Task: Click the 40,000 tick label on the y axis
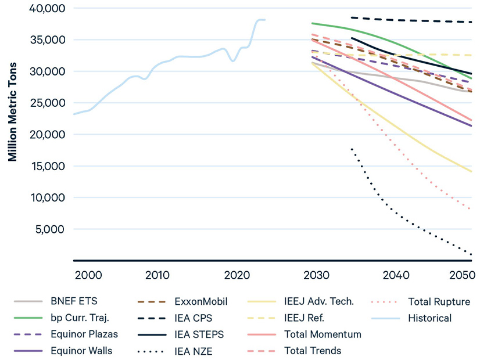(48, 9)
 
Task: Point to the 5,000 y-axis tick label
(50, 229)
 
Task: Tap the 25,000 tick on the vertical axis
(48, 103)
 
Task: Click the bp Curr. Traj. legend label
(83, 318)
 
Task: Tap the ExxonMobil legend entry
(200, 302)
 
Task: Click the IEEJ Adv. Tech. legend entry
(318, 302)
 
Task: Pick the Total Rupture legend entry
(439, 302)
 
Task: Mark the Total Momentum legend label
(323, 334)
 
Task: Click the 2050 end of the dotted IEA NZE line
(471, 254)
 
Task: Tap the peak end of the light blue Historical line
(264, 20)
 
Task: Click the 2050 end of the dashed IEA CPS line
(471, 22)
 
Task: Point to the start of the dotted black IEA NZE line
(352, 149)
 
